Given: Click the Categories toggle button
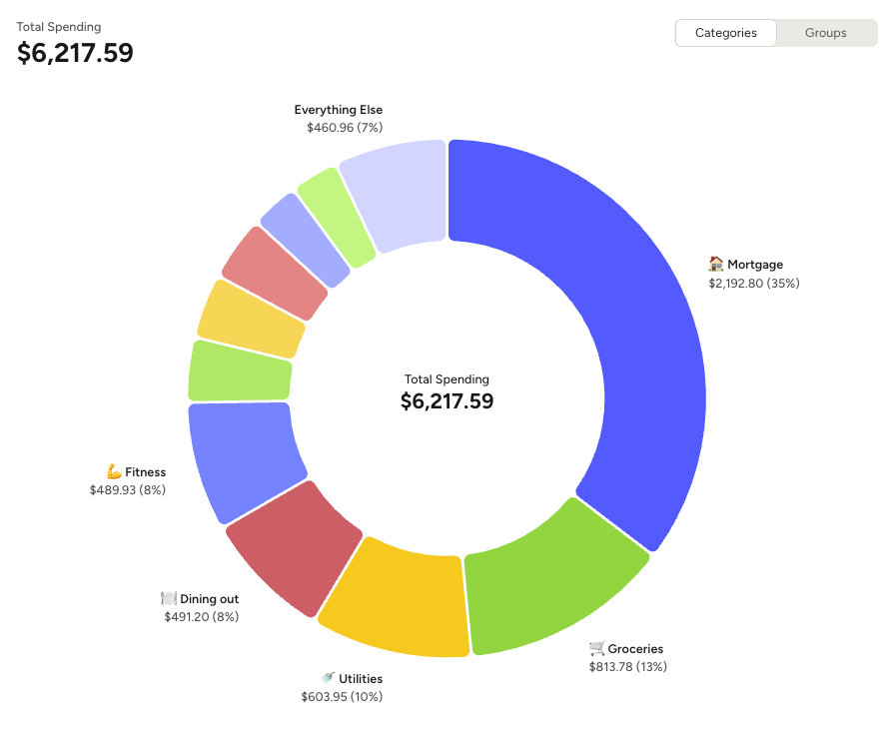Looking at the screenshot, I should pos(726,33).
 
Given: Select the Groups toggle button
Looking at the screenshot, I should pos(826,33).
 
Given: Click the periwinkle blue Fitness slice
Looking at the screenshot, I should pos(245,459).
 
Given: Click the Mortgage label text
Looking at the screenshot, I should pos(755,265).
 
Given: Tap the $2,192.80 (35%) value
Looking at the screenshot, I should pos(754,283).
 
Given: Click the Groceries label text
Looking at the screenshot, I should pos(635,649).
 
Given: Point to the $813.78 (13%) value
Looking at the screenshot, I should pos(628,666).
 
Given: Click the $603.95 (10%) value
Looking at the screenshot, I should pos(342,696).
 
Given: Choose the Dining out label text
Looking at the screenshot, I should pos(209,599).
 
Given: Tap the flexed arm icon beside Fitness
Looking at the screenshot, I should pos(114,471).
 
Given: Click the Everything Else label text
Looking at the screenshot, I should pos(339,110).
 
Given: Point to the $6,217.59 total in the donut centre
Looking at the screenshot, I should pos(446,401).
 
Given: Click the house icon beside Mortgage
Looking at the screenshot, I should pos(716,264).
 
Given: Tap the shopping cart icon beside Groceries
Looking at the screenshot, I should pos(597,648).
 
